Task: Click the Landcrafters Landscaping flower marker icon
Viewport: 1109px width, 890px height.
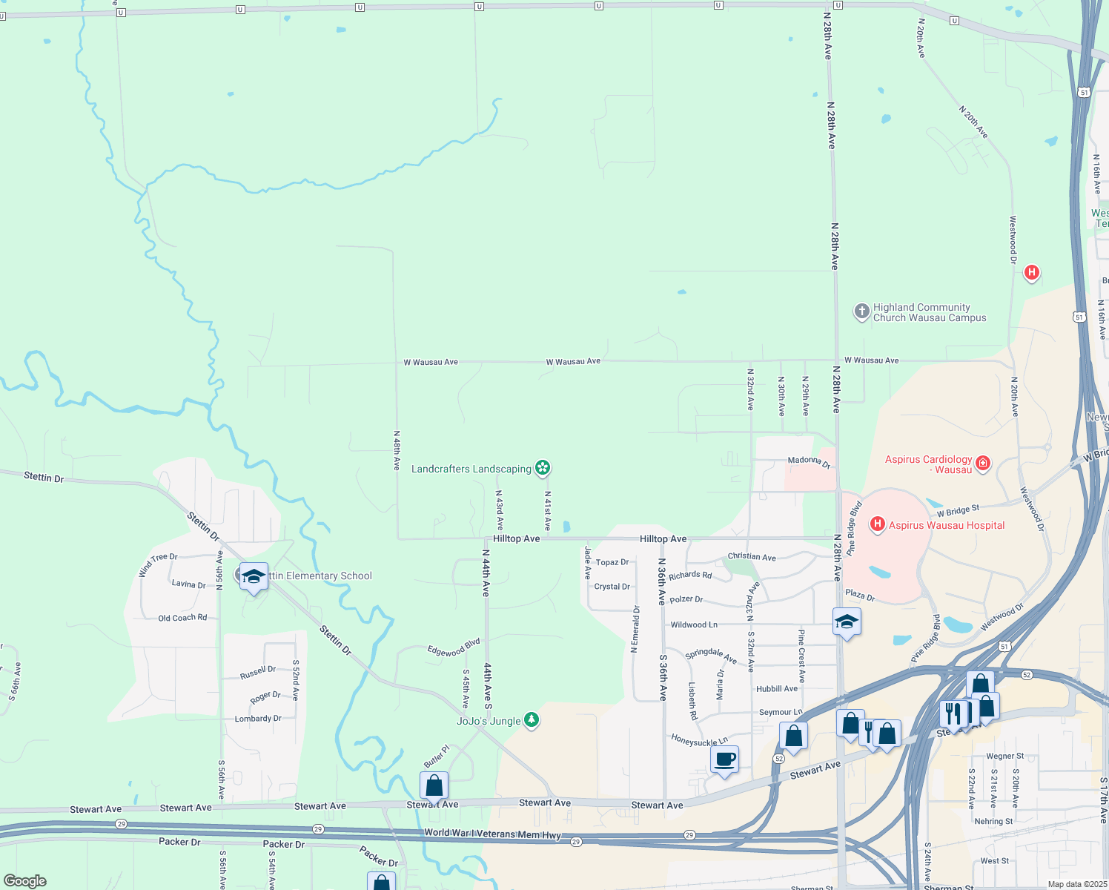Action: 543,467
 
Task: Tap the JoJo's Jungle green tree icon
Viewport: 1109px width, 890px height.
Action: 531,719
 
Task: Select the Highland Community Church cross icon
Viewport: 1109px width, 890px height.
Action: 861,311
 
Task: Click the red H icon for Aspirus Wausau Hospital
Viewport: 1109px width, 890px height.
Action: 878,524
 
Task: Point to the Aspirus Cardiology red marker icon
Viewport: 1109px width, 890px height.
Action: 983,464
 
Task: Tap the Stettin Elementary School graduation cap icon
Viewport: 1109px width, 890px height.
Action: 254,576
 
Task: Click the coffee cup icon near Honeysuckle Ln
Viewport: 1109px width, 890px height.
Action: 724,759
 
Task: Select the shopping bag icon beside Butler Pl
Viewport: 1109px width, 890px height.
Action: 434,785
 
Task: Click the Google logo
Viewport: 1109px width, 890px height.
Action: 25,881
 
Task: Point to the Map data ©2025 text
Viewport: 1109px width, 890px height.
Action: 1076,884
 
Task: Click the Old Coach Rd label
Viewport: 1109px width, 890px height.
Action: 182,618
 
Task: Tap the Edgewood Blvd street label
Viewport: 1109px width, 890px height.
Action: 454,647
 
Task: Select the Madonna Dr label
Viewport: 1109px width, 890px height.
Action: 809,461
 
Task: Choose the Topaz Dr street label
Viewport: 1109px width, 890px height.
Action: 612,562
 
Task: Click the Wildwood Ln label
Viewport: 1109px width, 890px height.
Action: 693,624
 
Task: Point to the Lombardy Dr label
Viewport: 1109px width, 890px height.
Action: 257,719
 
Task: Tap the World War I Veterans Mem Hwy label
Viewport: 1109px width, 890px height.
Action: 492,834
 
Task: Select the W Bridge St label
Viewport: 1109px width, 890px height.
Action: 958,510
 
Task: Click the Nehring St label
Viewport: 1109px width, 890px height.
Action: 993,821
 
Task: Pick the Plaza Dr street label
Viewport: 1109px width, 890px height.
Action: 860,595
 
